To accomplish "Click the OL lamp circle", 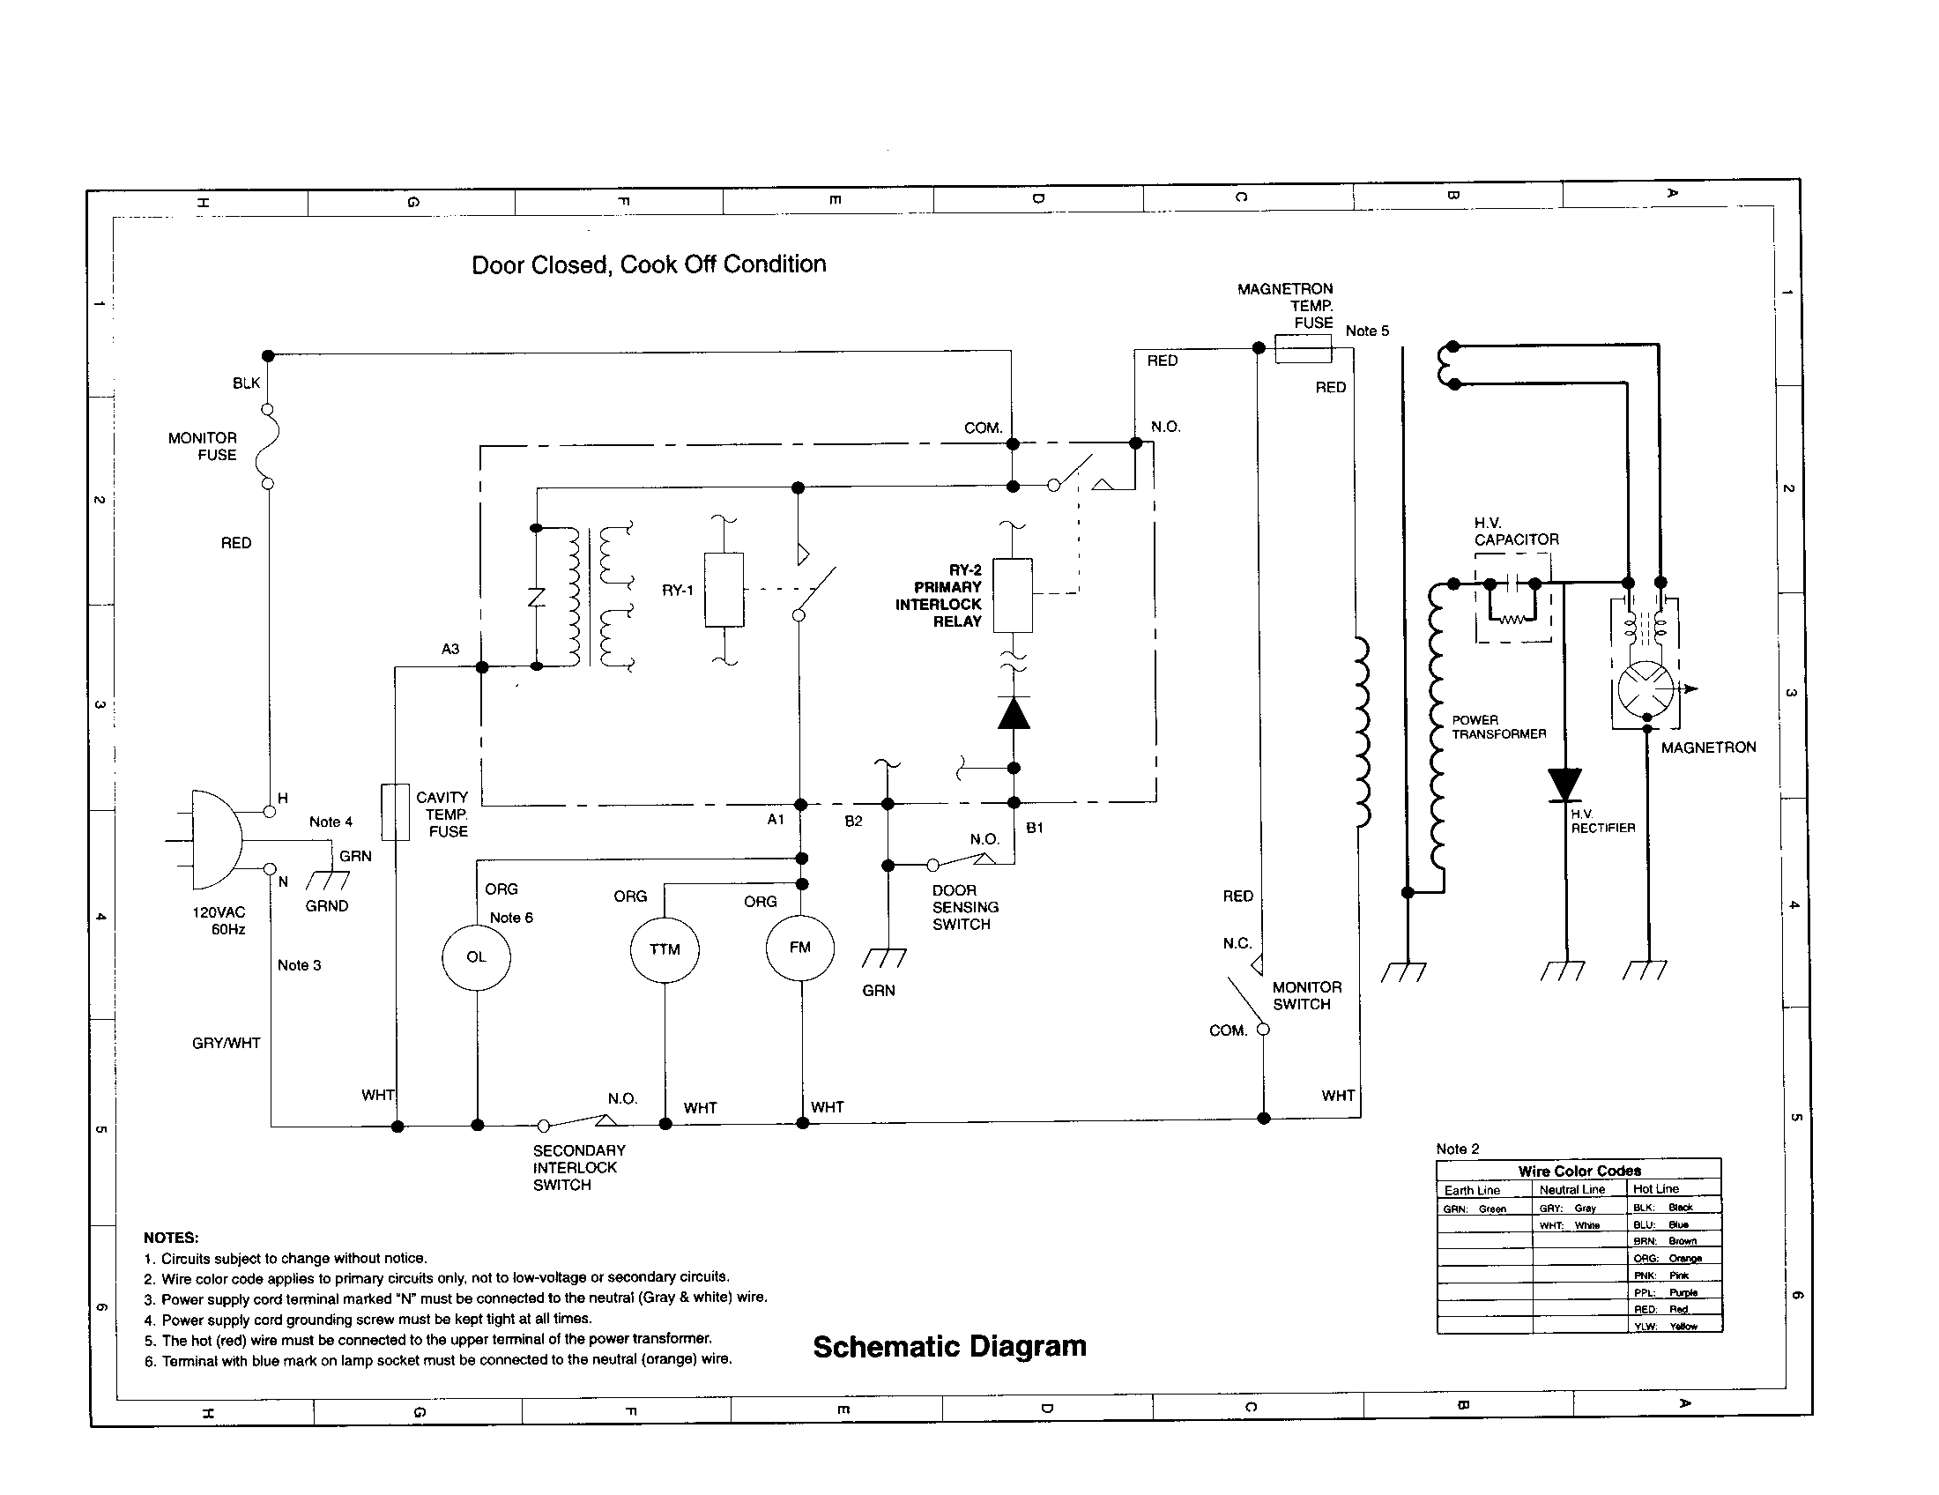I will [x=476, y=957].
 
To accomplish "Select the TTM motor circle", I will [x=664, y=949].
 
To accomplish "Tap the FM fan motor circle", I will [x=800, y=948].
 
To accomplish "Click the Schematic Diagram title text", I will [x=949, y=1346].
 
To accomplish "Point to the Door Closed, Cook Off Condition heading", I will [x=648, y=264].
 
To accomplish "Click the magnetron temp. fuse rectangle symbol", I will [x=1303, y=348].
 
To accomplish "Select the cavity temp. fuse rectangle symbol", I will [x=395, y=812].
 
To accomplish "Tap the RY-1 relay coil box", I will [x=724, y=591].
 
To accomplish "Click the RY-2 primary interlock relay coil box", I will [x=1012, y=595].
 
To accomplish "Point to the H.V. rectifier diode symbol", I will [x=1564, y=785].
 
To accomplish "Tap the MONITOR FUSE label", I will [x=203, y=447].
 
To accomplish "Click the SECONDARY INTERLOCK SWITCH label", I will [x=578, y=1167].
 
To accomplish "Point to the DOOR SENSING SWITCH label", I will [x=965, y=907].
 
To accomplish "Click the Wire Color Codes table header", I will [x=1579, y=1171].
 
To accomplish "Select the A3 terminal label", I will [x=450, y=649].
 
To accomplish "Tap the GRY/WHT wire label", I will [x=227, y=1043].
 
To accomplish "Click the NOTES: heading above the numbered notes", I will [x=171, y=1238].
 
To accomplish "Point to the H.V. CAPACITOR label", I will [x=1516, y=531].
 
